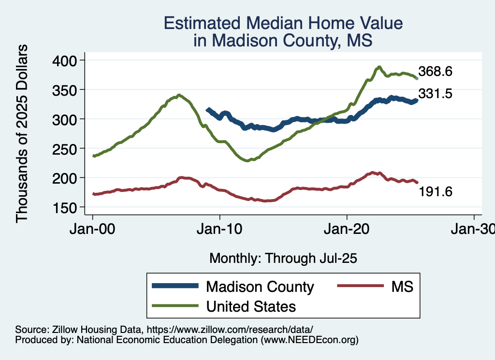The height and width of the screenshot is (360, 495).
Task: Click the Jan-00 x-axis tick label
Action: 93,230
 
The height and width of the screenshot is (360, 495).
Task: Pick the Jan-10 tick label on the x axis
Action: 220,230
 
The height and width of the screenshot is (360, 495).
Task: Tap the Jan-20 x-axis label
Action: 347,230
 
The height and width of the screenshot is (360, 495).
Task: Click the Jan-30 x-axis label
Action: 473,230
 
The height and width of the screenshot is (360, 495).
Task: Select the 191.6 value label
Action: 435,192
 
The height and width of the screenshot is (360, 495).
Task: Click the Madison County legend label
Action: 260,287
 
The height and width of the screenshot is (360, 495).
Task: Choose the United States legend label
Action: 251,306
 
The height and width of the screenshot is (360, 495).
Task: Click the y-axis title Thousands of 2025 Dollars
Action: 22,133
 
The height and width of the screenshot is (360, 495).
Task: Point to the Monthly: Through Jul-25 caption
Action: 283,258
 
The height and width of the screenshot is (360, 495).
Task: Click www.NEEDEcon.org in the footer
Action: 309,340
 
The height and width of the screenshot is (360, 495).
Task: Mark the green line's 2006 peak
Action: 179,95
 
